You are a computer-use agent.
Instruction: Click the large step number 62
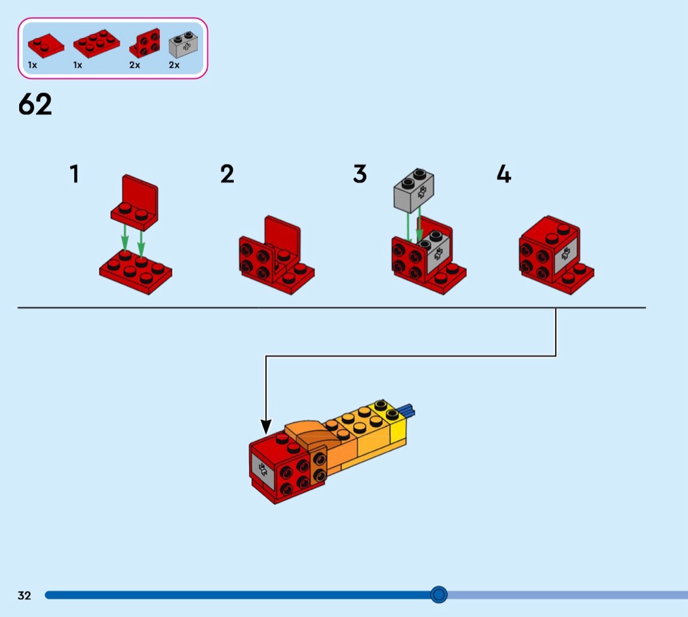(35, 105)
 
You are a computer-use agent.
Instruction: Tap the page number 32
(24, 595)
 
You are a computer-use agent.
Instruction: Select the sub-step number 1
(75, 174)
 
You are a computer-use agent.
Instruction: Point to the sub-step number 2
(227, 174)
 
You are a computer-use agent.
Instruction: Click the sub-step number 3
(360, 174)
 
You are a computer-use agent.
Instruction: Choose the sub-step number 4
(503, 174)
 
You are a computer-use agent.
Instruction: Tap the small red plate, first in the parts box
(45, 44)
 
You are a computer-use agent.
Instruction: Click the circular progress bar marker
(439, 595)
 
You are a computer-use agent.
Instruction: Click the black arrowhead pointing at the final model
(265, 426)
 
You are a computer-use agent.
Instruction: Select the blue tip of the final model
(407, 410)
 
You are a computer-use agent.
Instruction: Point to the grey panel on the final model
(261, 468)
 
